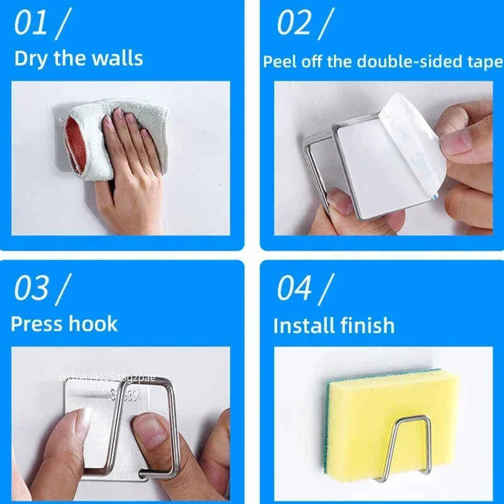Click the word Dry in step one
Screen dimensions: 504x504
coord(30,59)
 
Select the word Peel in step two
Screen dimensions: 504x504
coord(278,62)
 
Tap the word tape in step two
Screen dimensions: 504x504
coord(486,62)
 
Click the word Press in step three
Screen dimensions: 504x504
coord(37,324)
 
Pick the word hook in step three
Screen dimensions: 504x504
coord(94,324)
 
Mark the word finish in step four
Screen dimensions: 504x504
coord(367,326)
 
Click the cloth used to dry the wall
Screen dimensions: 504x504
coord(88,135)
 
